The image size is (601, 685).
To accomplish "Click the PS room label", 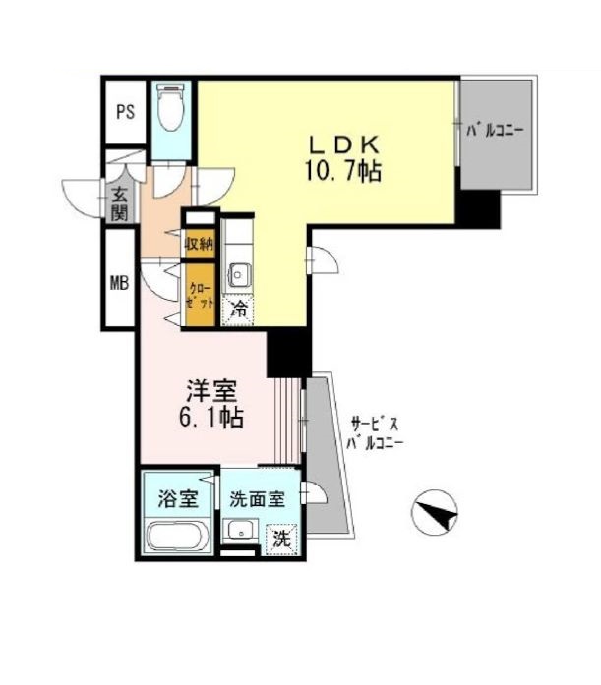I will coord(125,111).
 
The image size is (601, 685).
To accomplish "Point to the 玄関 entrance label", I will coord(118,203).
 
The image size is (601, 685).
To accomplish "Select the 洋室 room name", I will coord(210,390).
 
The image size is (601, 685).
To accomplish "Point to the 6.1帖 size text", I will coord(210,417).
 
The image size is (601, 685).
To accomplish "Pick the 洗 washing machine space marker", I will coord(282,539).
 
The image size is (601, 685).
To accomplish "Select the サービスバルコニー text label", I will coord(374,433).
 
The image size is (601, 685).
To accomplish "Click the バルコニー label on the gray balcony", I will coord(497,129).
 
